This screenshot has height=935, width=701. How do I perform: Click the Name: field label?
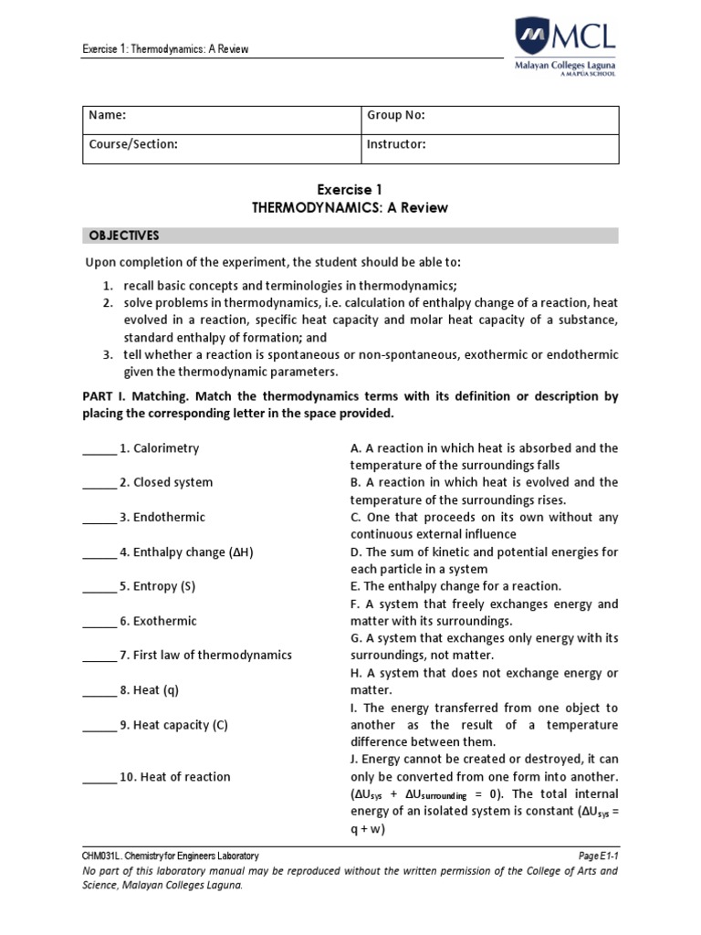click(107, 116)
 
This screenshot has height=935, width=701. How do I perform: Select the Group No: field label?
click(395, 116)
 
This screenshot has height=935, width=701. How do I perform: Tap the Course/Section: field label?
click(132, 144)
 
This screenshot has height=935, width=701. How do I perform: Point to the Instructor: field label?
click(396, 144)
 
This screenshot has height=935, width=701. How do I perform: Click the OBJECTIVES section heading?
click(123, 236)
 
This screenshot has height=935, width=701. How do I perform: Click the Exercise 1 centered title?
click(350, 190)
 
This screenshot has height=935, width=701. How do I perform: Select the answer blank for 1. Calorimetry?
click(99, 449)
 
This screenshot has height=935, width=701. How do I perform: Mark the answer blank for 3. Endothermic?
click(99, 518)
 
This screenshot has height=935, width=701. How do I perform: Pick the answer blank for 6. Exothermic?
click(99, 621)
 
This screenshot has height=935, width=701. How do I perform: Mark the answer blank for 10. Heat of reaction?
click(99, 777)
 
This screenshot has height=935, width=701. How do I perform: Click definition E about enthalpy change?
click(455, 586)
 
